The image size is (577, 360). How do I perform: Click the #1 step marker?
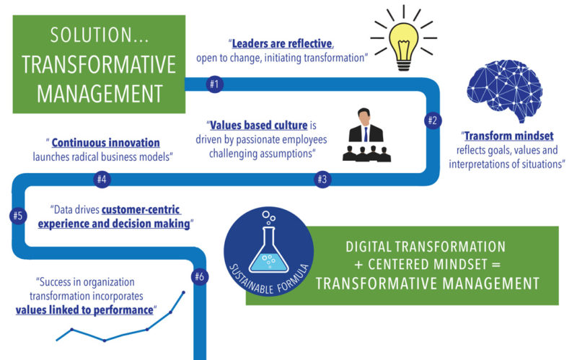[213, 84]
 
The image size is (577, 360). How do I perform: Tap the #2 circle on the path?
[432, 120]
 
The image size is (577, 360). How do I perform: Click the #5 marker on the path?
[18, 215]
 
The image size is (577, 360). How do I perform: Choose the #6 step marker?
[200, 276]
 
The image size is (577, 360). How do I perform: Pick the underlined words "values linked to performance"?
[85, 310]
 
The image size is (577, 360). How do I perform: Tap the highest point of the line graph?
[183, 293]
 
